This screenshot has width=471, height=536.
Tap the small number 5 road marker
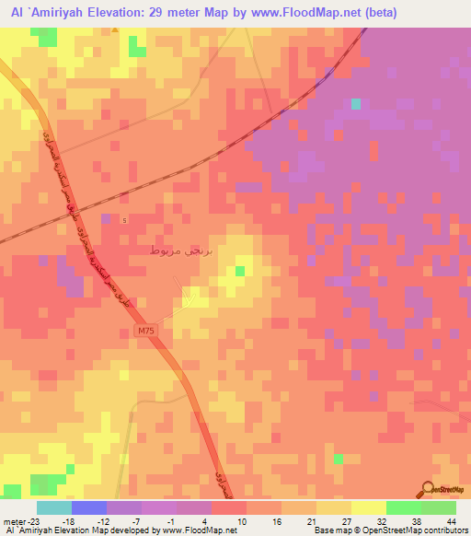127,218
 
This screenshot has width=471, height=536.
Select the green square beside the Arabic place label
239,270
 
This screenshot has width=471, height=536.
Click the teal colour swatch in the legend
53,507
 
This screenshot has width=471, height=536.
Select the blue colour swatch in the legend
88,507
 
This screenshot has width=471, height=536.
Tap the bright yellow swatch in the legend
368,507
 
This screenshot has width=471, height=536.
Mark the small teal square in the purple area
355,104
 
